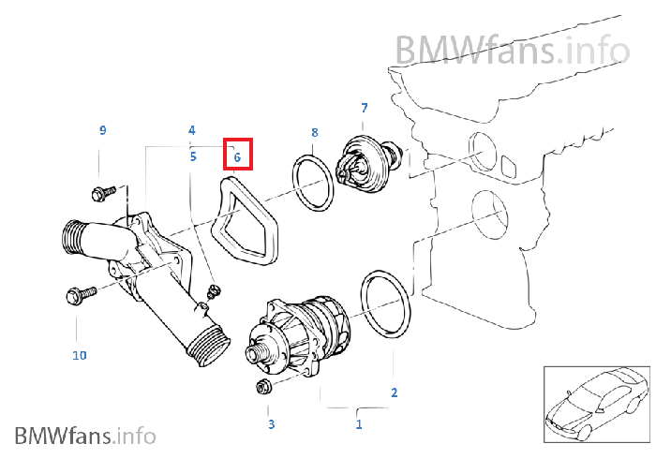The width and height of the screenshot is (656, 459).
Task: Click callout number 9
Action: click(x=103, y=129)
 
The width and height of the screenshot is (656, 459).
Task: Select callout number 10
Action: click(x=79, y=355)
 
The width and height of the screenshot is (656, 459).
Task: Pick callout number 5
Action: click(x=192, y=156)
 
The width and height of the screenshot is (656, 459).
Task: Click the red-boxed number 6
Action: click(x=238, y=157)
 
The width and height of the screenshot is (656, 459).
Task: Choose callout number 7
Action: click(x=364, y=109)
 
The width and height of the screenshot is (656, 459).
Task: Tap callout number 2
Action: click(x=394, y=392)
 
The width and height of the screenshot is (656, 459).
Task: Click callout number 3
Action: click(x=271, y=424)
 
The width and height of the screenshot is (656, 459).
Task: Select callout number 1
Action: click(x=358, y=424)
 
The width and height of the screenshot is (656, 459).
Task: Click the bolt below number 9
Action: click(x=101, y=193)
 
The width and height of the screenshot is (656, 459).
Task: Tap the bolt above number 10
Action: click(x=78, y=296)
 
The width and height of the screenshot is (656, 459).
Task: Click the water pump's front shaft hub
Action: click(x=255, y=355)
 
